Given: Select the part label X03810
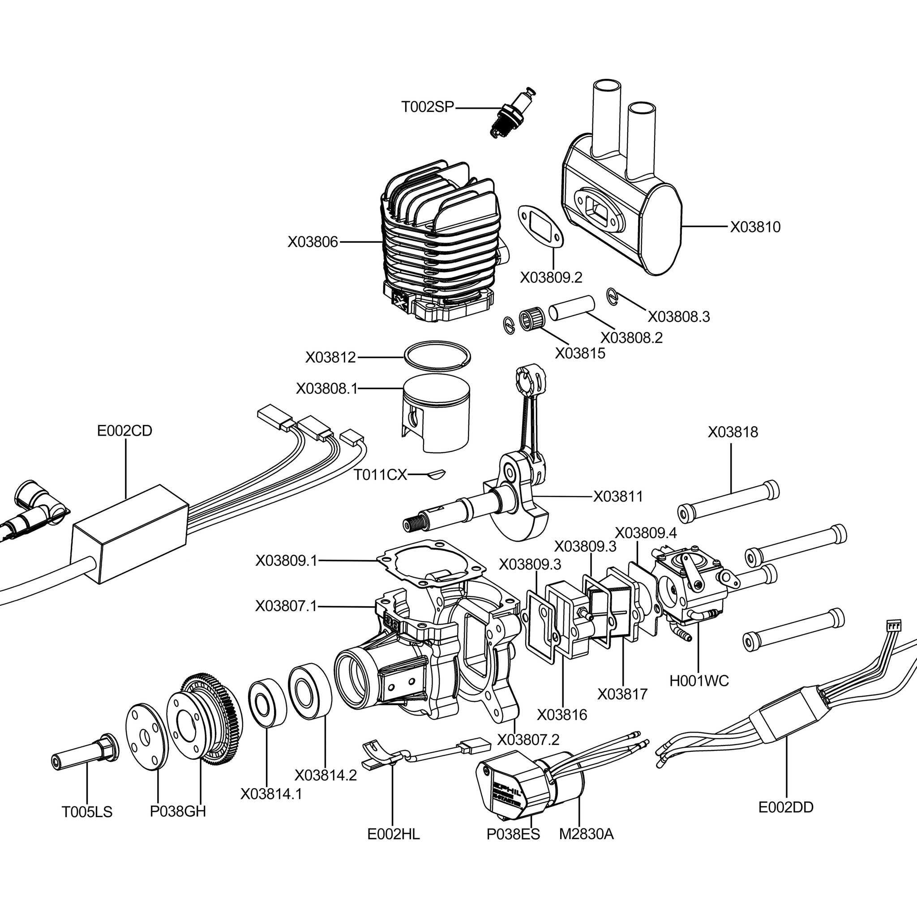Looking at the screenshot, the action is pos(755,227).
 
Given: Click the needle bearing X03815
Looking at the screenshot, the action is pos(530,319).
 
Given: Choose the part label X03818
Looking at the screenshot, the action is pos(733,432).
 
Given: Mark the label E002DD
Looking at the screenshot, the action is pos(786,807).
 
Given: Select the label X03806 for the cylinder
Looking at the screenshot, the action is pos(313,242).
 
